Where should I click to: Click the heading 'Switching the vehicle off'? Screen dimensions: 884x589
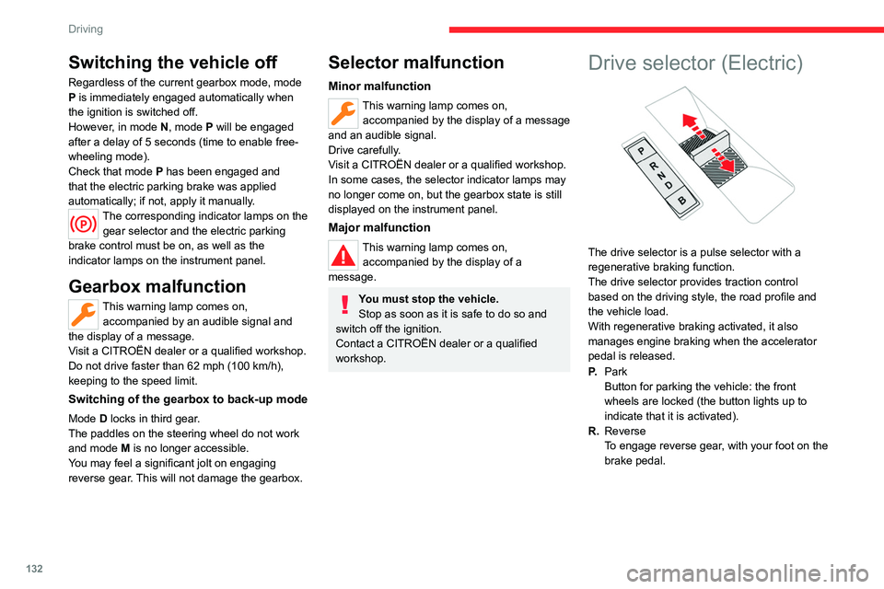coord(172,62)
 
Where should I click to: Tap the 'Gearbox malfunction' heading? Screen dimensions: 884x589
coord(157,286)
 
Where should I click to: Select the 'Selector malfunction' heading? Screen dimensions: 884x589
coord(416,62)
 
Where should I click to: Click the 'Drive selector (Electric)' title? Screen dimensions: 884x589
coord(695,63)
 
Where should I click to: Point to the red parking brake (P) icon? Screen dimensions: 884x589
coord(84,225)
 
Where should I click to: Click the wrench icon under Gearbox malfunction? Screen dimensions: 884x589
coord(84,315)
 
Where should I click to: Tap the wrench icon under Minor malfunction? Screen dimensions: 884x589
coord(343,112)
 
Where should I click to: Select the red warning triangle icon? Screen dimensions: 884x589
coord(343,255)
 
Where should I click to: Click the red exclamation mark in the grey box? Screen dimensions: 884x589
coord(345,305)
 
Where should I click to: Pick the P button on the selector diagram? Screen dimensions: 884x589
coord(641,151)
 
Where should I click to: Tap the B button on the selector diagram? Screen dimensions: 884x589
coord(682,201)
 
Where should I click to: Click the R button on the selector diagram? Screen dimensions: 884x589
coord(654,167)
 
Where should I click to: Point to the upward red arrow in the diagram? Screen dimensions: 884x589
coord(694,127)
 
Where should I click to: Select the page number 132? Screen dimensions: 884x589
coord(34,568)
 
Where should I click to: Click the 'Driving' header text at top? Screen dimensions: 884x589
coord(86,29)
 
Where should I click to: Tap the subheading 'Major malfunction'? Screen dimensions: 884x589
coord(378,227)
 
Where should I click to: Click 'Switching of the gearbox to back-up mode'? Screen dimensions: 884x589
coord(188,399)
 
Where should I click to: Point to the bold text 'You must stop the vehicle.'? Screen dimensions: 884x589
coord(428,299)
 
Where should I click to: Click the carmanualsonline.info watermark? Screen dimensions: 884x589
coord(748,573)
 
